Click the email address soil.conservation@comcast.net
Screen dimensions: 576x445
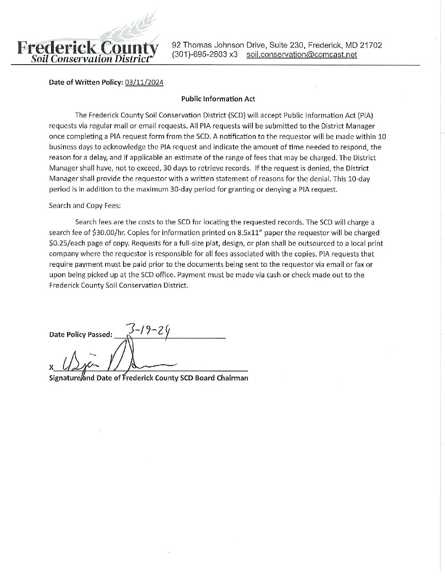[301, 55]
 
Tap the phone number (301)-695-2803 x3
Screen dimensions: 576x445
[205, 55]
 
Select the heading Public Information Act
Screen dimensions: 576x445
[218, 99]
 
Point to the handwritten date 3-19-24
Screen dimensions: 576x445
[148, 329]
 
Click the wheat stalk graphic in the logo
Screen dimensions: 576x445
[133, 29]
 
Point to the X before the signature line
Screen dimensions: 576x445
[51, 368]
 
